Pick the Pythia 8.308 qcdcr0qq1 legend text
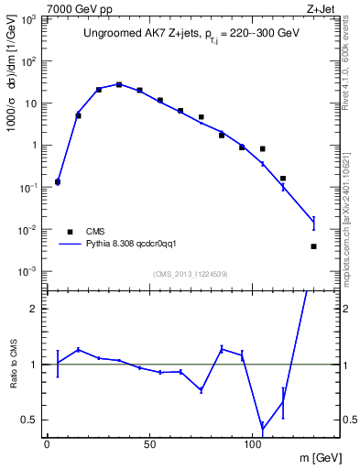tap(125, 245)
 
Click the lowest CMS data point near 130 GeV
tap(313, 246)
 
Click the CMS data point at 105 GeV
tap(263, 148)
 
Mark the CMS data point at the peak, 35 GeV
tap(119, 84)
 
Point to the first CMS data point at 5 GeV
tap(58, 182)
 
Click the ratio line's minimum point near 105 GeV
tap(263, 428)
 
